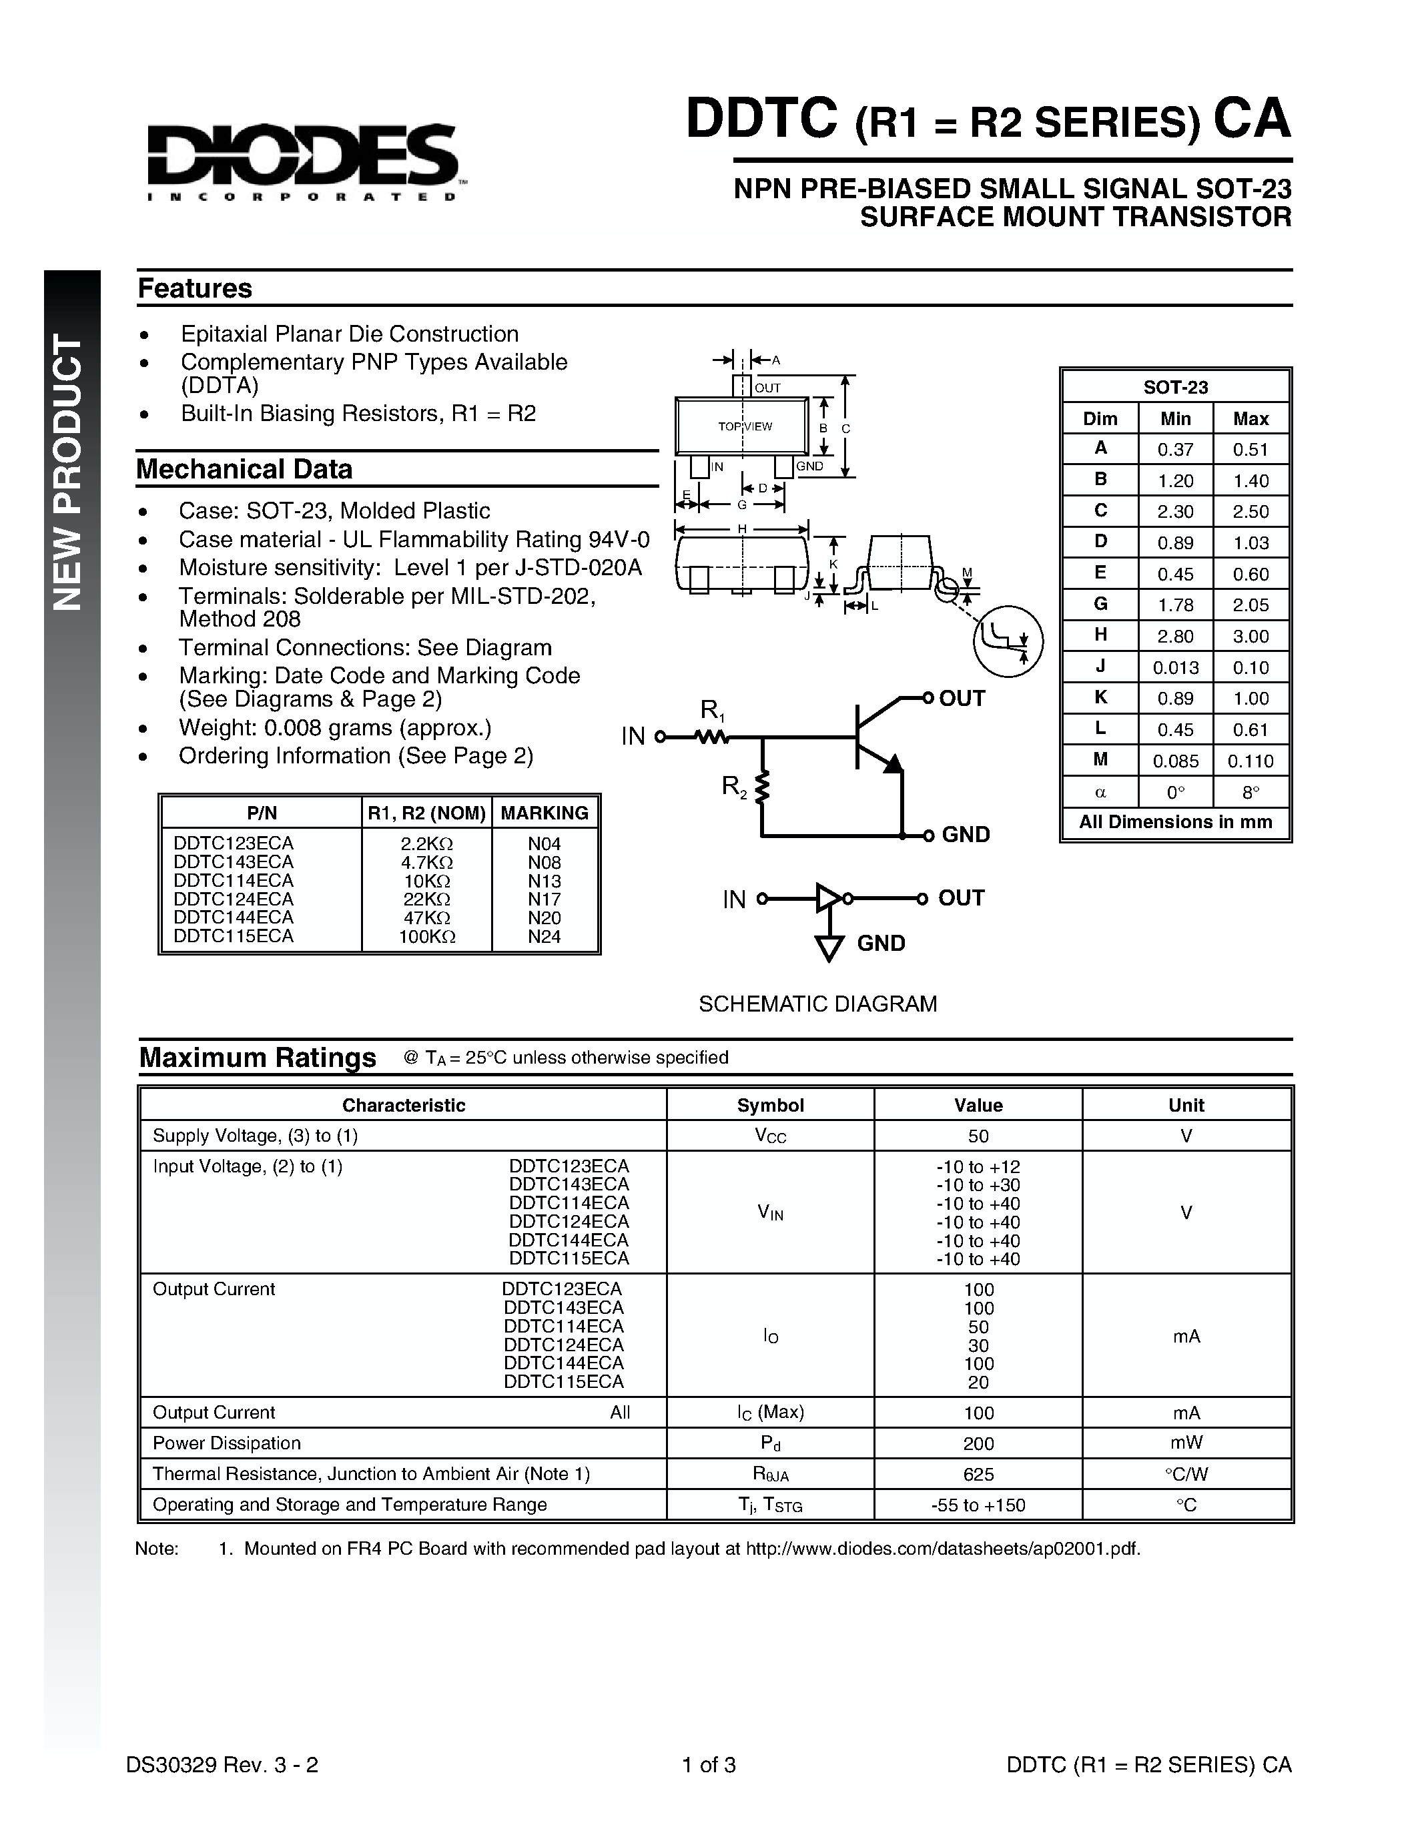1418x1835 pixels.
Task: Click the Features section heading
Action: [x=195, y=288]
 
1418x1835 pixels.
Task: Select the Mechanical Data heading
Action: [x=244, y=469]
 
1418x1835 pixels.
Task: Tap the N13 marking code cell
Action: [x=545, y=881]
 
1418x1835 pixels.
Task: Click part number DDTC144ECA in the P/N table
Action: [x=234, y=917]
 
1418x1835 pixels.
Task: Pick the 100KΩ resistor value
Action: [x=427, y=937]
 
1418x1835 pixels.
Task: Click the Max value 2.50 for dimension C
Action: [x=1251, y=512]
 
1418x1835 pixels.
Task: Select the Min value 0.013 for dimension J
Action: [x=1174, y=668]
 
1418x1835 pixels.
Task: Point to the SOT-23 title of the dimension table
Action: [x=1175, y=387]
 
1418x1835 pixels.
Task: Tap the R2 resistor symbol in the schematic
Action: [x=762, y=788]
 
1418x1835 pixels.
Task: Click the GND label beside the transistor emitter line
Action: [x=965, y=834]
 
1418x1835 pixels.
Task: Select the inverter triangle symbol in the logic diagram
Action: [x=828, y=898]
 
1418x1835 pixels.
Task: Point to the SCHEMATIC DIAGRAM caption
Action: [x=817, y=1004]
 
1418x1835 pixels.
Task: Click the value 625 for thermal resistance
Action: [x=978, y=1474]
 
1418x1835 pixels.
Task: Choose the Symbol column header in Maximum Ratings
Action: [x=769, y=1106]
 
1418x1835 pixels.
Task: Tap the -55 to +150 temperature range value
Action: [x=978, y=1505]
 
